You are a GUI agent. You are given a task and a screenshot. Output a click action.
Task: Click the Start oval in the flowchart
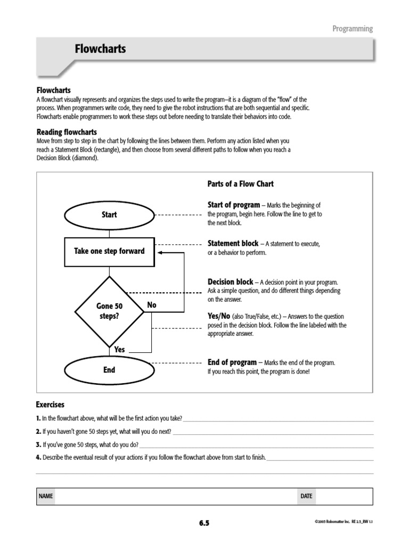point(109,215)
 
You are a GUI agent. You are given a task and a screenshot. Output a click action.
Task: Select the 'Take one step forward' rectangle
point(109,251)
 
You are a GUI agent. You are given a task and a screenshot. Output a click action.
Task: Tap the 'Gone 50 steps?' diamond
point(109,311)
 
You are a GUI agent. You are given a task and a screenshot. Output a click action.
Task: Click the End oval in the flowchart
point(109,370)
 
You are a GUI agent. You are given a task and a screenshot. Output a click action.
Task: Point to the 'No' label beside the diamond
point(152,305)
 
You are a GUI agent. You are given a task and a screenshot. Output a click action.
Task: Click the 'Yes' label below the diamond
point(120,350)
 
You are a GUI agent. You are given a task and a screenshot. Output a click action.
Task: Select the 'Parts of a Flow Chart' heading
point(240,184)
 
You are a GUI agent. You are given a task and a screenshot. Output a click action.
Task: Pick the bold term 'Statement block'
point(233,243)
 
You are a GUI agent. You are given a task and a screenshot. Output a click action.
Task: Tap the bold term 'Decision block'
point(231,282)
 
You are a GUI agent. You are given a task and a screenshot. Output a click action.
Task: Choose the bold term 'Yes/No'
point(218,316)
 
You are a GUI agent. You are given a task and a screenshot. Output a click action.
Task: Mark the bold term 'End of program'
point(232,362)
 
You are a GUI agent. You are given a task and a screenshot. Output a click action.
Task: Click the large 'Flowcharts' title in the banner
point(101,49)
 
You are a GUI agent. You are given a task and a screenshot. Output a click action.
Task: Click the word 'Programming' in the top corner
point(353,29)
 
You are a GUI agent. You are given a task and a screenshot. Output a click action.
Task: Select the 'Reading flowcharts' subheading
point(67,132)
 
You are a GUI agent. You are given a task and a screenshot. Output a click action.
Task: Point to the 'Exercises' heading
point(50,404)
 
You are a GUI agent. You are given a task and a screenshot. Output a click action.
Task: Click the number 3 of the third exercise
point(38,444)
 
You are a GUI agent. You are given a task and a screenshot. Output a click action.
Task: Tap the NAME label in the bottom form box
point(46,496)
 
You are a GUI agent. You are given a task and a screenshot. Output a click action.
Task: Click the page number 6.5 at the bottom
point(204,523)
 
